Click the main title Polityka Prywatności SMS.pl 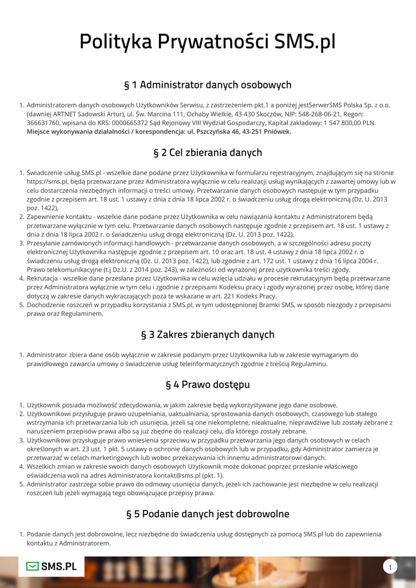[208, 42]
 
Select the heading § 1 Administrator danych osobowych [208, 85]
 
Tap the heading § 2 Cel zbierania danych [208, 153]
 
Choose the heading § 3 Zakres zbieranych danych [208, 335]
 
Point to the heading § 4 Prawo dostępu [208, 384]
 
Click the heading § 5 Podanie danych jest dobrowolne [208, 514]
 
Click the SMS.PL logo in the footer [52, 567]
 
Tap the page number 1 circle [390, 568]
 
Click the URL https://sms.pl [45, 181]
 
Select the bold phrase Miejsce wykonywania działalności [77, 131]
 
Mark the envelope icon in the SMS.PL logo [33, 567]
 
